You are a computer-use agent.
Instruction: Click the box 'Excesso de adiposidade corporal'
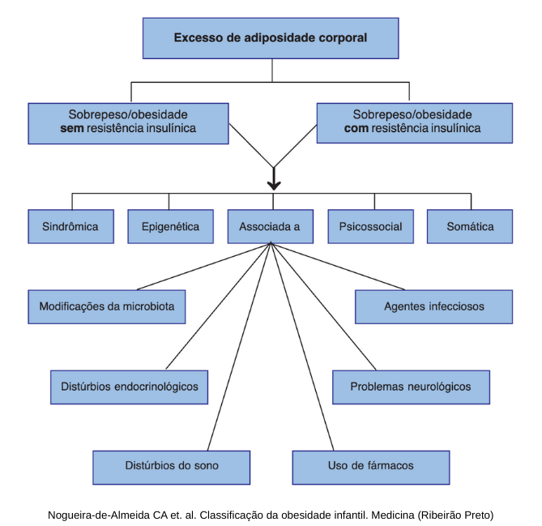click(271, 37)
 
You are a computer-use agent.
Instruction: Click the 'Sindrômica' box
click(70, 227)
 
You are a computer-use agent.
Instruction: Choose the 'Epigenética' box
click(170, 227)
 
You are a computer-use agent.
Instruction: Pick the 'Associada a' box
click(270, 227)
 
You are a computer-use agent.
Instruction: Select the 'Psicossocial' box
click(370, 227)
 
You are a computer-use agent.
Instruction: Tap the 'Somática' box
click(470, 227)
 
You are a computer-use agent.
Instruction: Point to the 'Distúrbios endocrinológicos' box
click(130, 387)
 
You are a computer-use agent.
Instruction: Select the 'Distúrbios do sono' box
click(172, 466)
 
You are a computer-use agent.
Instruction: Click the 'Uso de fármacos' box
click(371, 466)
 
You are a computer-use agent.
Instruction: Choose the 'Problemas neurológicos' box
click(410, 387)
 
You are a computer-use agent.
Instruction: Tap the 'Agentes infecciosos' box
click(434, 307)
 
